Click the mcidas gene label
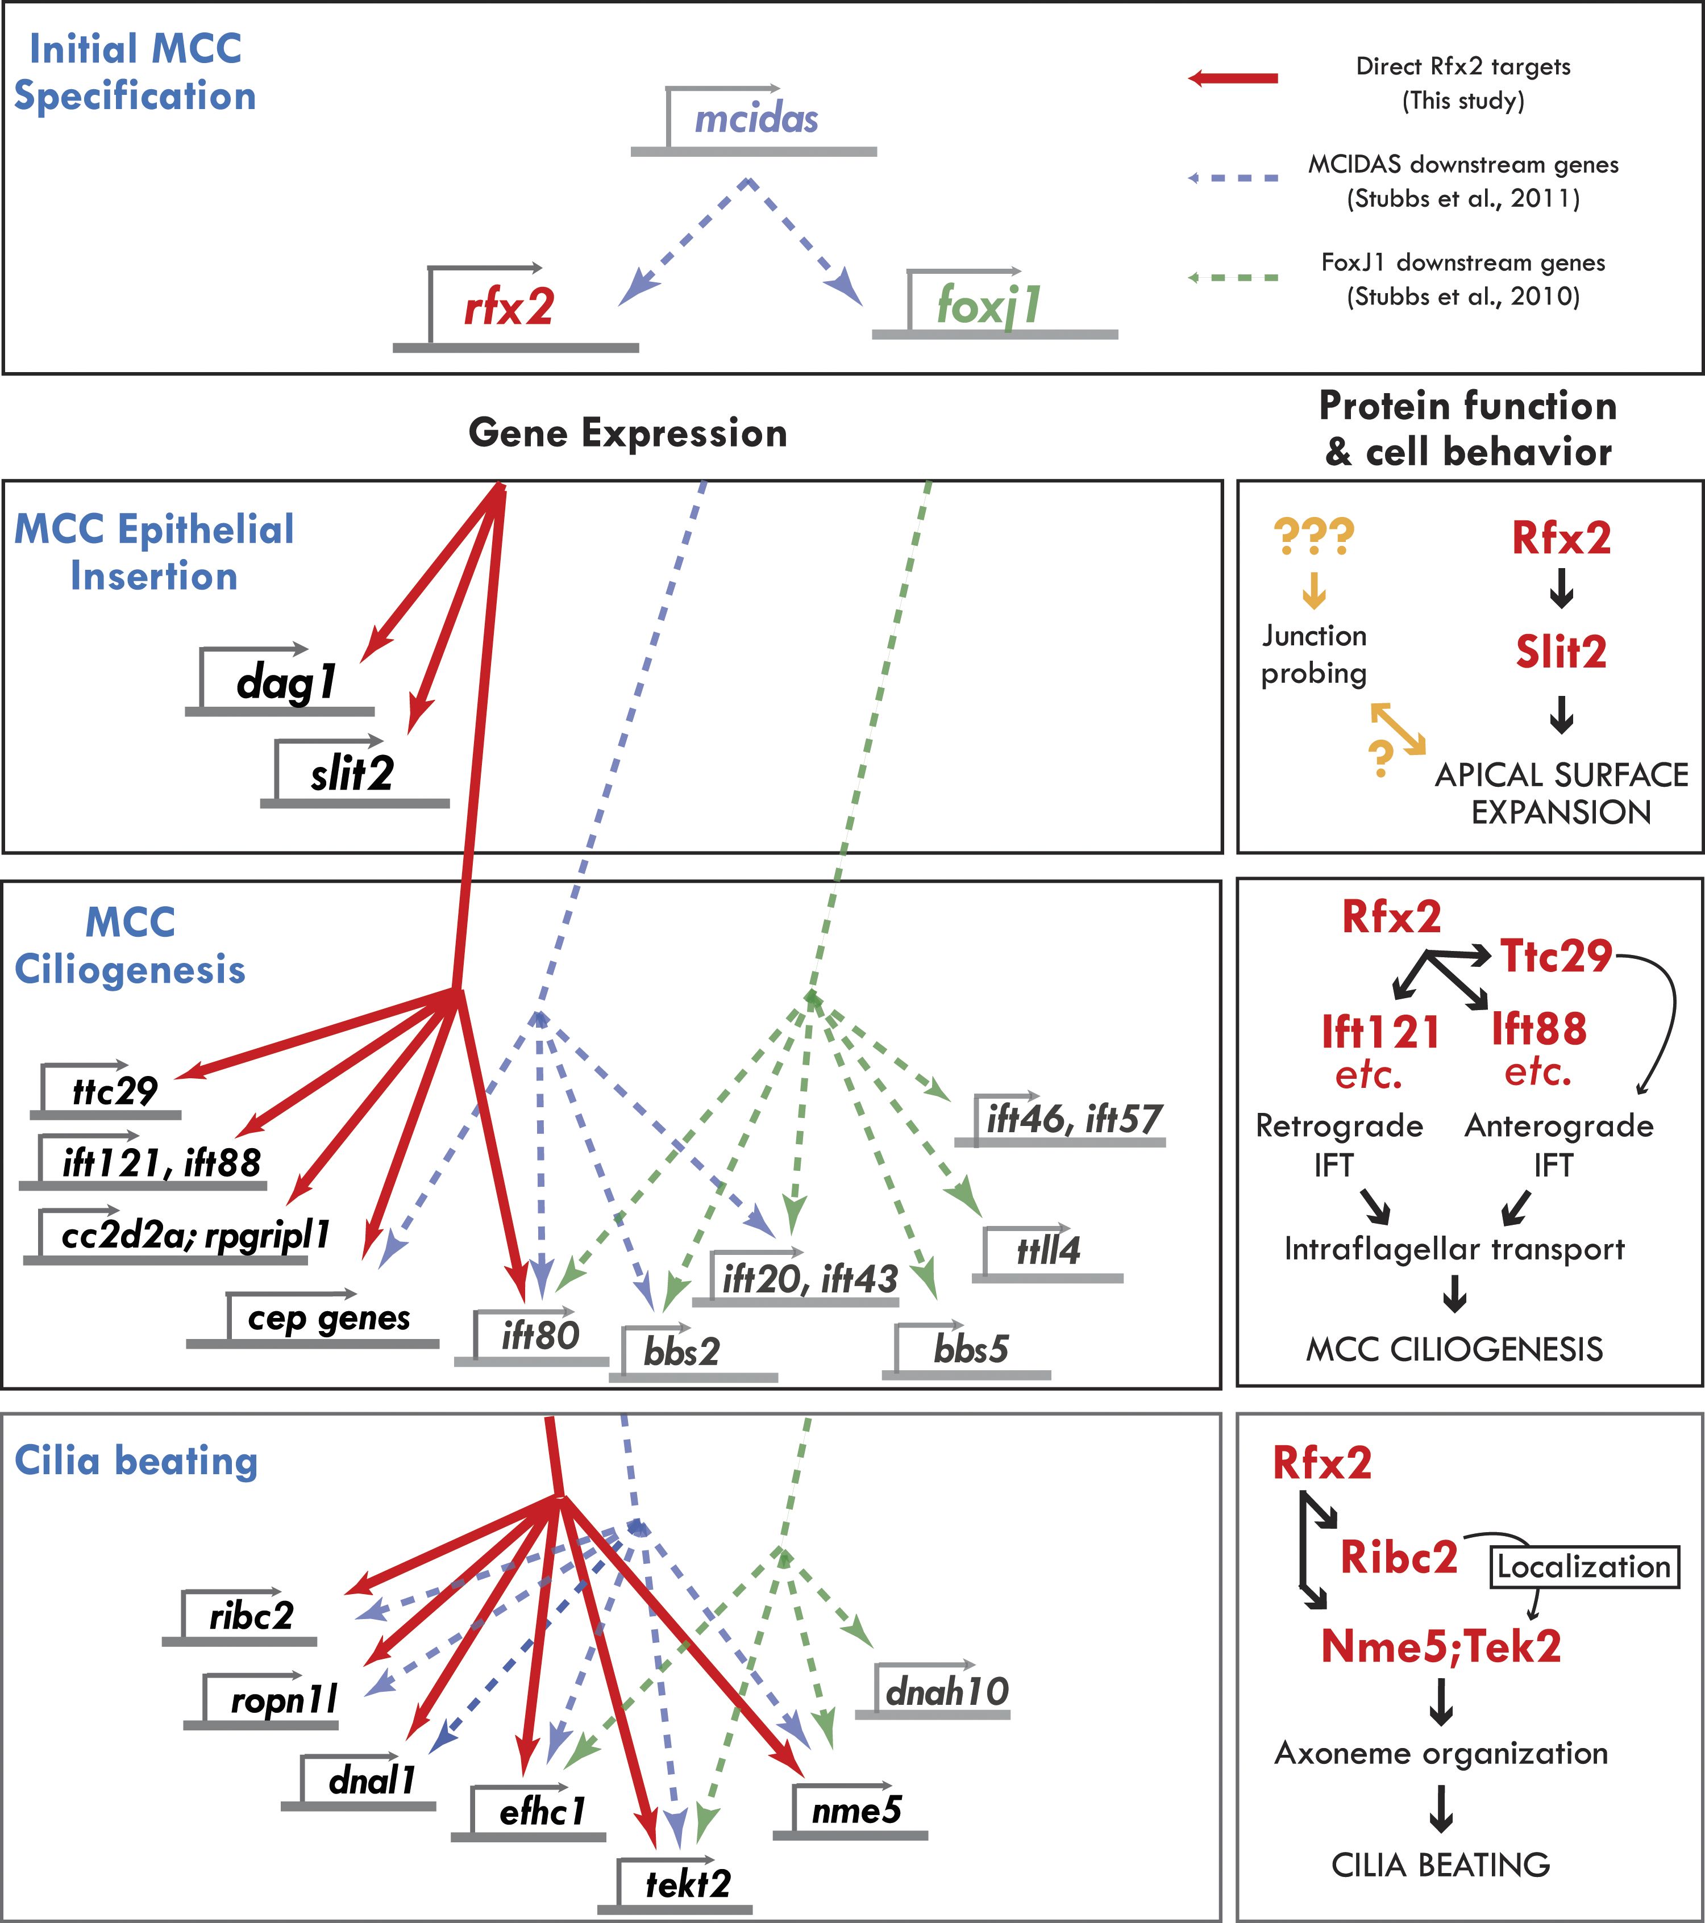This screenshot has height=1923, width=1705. coord(755,119)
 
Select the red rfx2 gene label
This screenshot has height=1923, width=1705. coord(509,308)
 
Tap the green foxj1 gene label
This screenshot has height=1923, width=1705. coord(988,306)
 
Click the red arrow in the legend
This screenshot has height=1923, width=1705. coord(1233,78)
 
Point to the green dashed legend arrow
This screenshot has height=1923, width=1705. coord(1233,278)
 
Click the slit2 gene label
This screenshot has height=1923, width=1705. coord(352,774)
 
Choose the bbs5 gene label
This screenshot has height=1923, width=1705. coord(971,1349)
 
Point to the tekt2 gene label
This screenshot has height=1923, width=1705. coord(688,1883)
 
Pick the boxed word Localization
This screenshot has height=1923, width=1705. coord(1583,1566)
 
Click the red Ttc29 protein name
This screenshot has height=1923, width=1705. coord(1556,956)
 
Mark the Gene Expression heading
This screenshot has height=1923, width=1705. coord(627,433)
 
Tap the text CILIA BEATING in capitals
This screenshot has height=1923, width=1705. coord(1441,1864)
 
